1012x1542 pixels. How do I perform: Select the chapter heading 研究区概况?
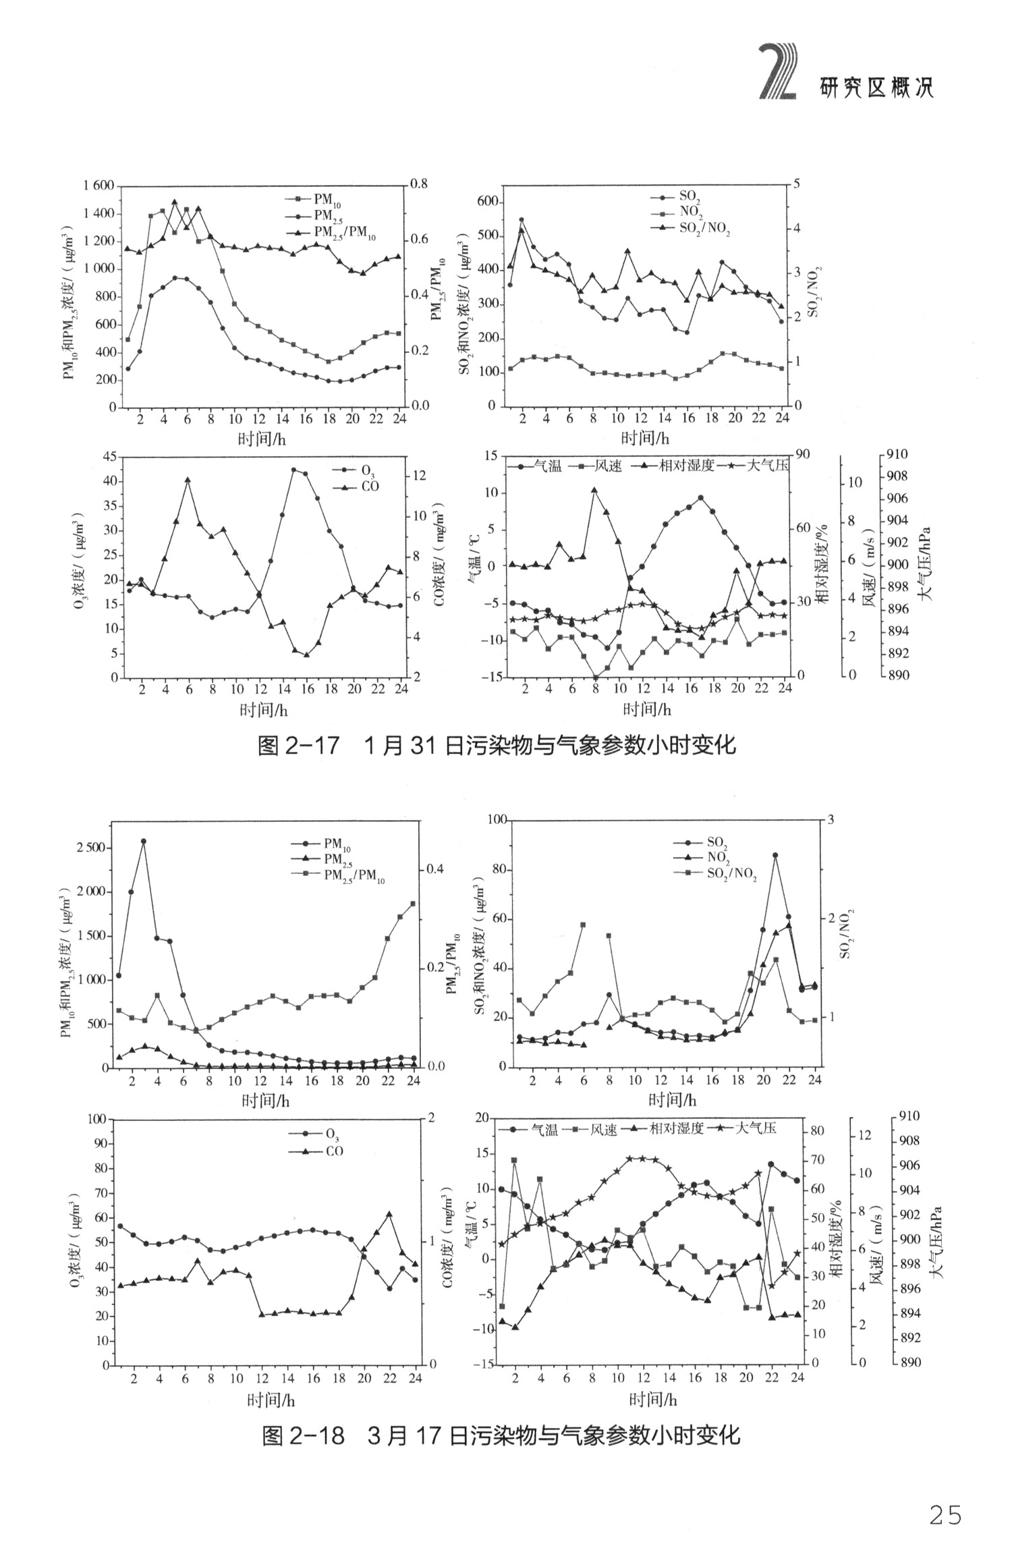pyautogui.click(x=876, y=88)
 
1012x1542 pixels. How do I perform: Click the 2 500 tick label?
pyautogui.click(x=90, y=848)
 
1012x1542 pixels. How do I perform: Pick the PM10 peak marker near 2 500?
pyautogui.click(x=143, y=842)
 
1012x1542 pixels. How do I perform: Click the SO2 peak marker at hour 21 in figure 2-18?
pyautogui.click(x=776, y=855)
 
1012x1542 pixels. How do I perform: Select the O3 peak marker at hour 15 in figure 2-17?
pyautogui.click(x=293, y=470)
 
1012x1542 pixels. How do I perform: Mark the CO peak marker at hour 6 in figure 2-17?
pyautogui.click(x=188, y=480)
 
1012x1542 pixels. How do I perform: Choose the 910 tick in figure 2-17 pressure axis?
pyautogui.click(x=898, y=455)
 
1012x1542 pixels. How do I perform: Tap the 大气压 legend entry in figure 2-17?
pyautogui.click(x=768, y=466)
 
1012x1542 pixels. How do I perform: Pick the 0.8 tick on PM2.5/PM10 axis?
pyautogui.click(x=419, y=184)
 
